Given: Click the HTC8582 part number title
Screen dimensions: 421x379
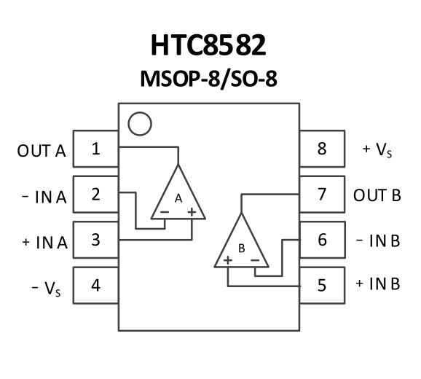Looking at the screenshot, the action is point(208,45).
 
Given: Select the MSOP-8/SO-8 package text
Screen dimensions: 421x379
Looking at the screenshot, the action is point(208,79).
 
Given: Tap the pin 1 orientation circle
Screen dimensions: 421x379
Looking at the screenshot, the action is point(140,124).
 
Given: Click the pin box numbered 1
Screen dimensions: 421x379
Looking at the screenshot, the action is point(96,149).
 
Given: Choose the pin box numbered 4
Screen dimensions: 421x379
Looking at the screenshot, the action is point(96,285).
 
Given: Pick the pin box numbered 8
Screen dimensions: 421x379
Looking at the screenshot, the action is point(322,149).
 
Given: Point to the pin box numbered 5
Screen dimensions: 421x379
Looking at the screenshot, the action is point(322,285).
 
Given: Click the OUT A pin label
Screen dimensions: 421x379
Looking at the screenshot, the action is point(42,151).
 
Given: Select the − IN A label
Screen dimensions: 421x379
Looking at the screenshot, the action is point(44,198).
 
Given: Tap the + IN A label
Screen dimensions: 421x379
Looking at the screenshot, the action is point(44,243).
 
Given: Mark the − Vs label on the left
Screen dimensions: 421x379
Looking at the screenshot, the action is point(46,289).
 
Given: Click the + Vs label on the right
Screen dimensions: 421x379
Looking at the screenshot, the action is point(377,149).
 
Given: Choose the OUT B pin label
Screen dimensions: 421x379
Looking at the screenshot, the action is point(377,195).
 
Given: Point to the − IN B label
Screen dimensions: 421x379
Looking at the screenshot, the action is point(378,241).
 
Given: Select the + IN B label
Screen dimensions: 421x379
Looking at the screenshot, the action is point(378,284).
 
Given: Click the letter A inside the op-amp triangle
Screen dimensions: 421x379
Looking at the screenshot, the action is point(178,199).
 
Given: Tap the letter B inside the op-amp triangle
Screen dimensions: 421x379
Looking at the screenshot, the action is point(242,249).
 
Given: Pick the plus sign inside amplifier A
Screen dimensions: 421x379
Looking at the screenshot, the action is point(192,212).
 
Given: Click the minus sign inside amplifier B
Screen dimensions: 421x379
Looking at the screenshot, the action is point(255,260).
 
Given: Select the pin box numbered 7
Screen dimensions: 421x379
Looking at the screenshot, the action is point(322,194).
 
